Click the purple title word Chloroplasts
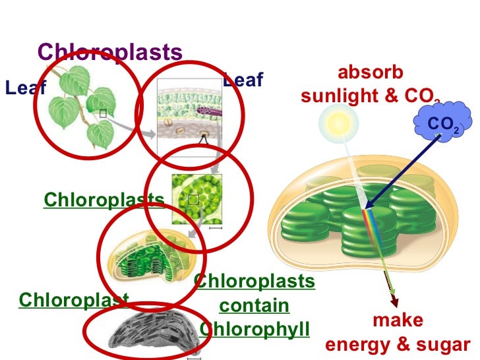pos(109,52)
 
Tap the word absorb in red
pos(370,73)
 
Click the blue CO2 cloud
pos(443,123)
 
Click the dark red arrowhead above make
pos(395,302)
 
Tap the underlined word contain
pos(255,305)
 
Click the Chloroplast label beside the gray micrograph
pos(73,300)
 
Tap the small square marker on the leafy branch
pos(103,113)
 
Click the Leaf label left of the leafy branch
pos(24,88)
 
